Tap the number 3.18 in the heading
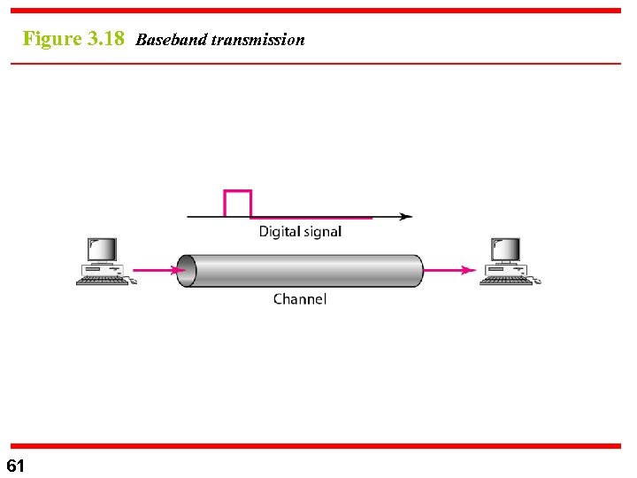click(x=107, y=39)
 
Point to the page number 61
click(x=16, y=466)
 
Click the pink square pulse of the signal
click(x=238, y=203)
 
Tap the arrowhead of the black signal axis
click(x=406, y=216)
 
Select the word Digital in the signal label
click(x=279, y=232)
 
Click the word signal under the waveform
click(x=322, y=232)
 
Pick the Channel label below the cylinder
click(x=300, y=299)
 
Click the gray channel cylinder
click(x=301, y=270)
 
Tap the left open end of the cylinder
click(x=185, y=270)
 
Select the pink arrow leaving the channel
click(x=450, y=270)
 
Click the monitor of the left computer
click(x=102, y=250)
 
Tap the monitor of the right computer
click(x=506, y=250)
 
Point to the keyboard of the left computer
click(x=102, y=281)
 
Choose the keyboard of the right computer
click(x=507, y=281)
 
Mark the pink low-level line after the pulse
click(x=310, y=217)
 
